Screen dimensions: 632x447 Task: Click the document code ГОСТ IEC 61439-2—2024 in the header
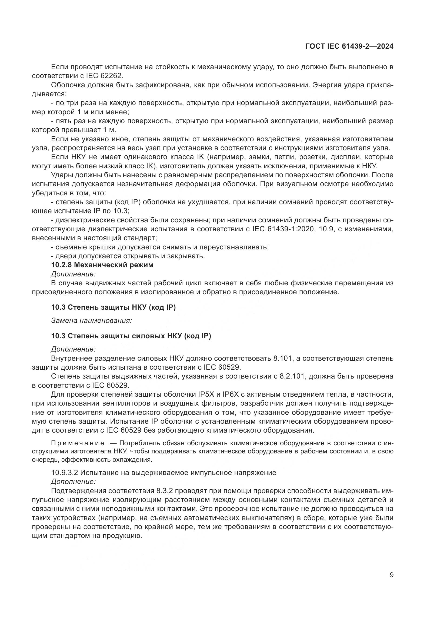pos(349,46)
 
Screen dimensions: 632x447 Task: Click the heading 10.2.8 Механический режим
pos(102,265)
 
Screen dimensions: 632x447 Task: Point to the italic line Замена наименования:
pos(91,321)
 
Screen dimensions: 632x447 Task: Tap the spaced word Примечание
pos(78,443)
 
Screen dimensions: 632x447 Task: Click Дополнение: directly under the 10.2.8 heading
pos(73,274)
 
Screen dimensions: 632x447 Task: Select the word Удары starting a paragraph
pos(61,175)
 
